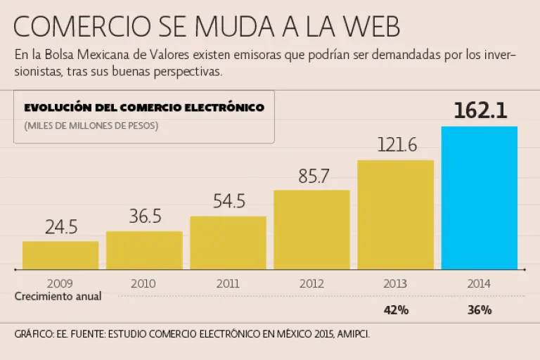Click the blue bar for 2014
tap(479, 198)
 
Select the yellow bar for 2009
tap(60, 255)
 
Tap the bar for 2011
tap(228, 242)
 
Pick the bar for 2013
tap(395, 214)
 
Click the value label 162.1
tap(480, 111)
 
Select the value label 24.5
tap(61, 228)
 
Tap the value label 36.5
tap(145, 217)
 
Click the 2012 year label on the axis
tap(311, 284)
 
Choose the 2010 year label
tap(144, 284)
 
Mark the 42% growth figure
tap(396, 310)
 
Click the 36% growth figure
tap(479, 310)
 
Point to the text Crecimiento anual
tap(58, 297)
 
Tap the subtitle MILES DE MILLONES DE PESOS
tap(91, 127)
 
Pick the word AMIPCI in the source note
tap(351, 334)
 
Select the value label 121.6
tap(397, 146)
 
